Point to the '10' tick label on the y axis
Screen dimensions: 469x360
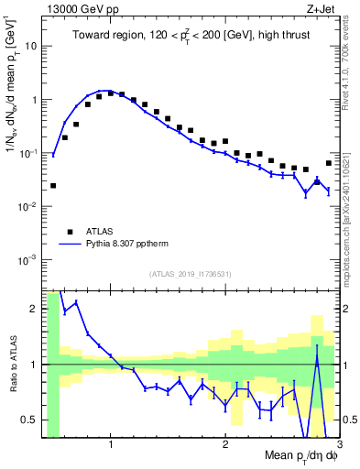[x=32, y=46]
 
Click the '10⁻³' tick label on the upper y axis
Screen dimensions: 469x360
[x=29, y=259]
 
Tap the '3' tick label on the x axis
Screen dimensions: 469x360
[x=339, y=445]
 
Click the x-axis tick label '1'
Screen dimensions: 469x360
[x=111, y=445]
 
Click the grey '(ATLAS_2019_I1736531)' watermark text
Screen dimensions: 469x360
[x=191, y=274]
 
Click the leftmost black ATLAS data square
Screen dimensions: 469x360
[x=53, y=185]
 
